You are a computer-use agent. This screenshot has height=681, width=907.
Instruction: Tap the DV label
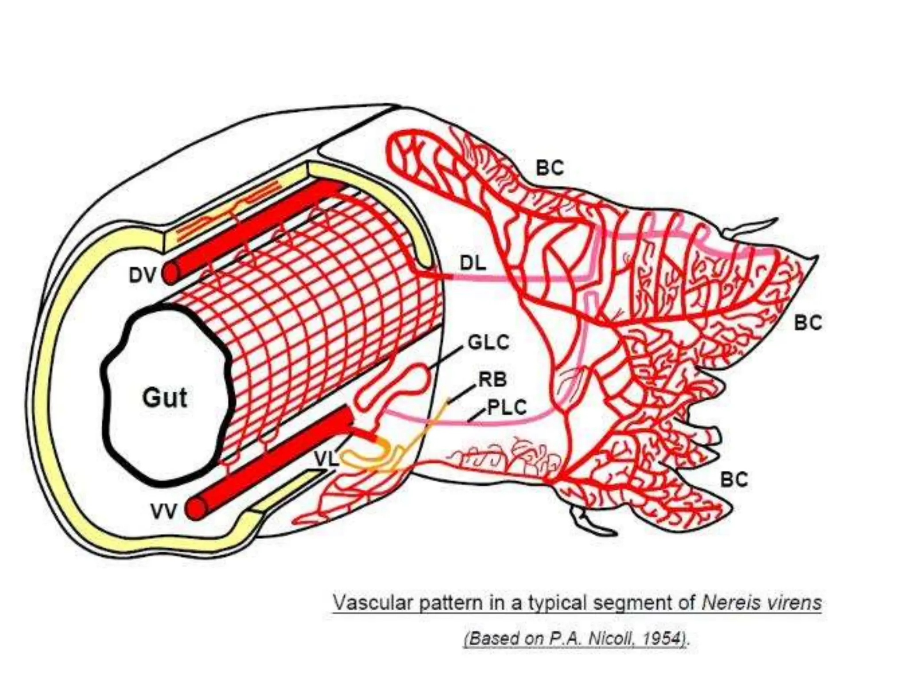(x=142, y=276)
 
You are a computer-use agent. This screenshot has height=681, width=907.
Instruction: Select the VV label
(x=163, y=512)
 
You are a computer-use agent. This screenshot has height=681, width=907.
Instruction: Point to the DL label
(x=473, y=264)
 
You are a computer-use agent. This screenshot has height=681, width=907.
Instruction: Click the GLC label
(x=488, y=343)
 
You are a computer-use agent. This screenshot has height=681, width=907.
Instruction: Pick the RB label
(x=492, y=380)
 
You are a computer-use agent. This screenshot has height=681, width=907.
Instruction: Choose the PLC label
(x=507, y=407)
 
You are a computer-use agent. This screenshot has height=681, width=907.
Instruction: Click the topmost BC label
(x=550, y=168)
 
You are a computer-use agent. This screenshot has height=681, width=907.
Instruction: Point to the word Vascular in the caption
(x=372, y=603)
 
